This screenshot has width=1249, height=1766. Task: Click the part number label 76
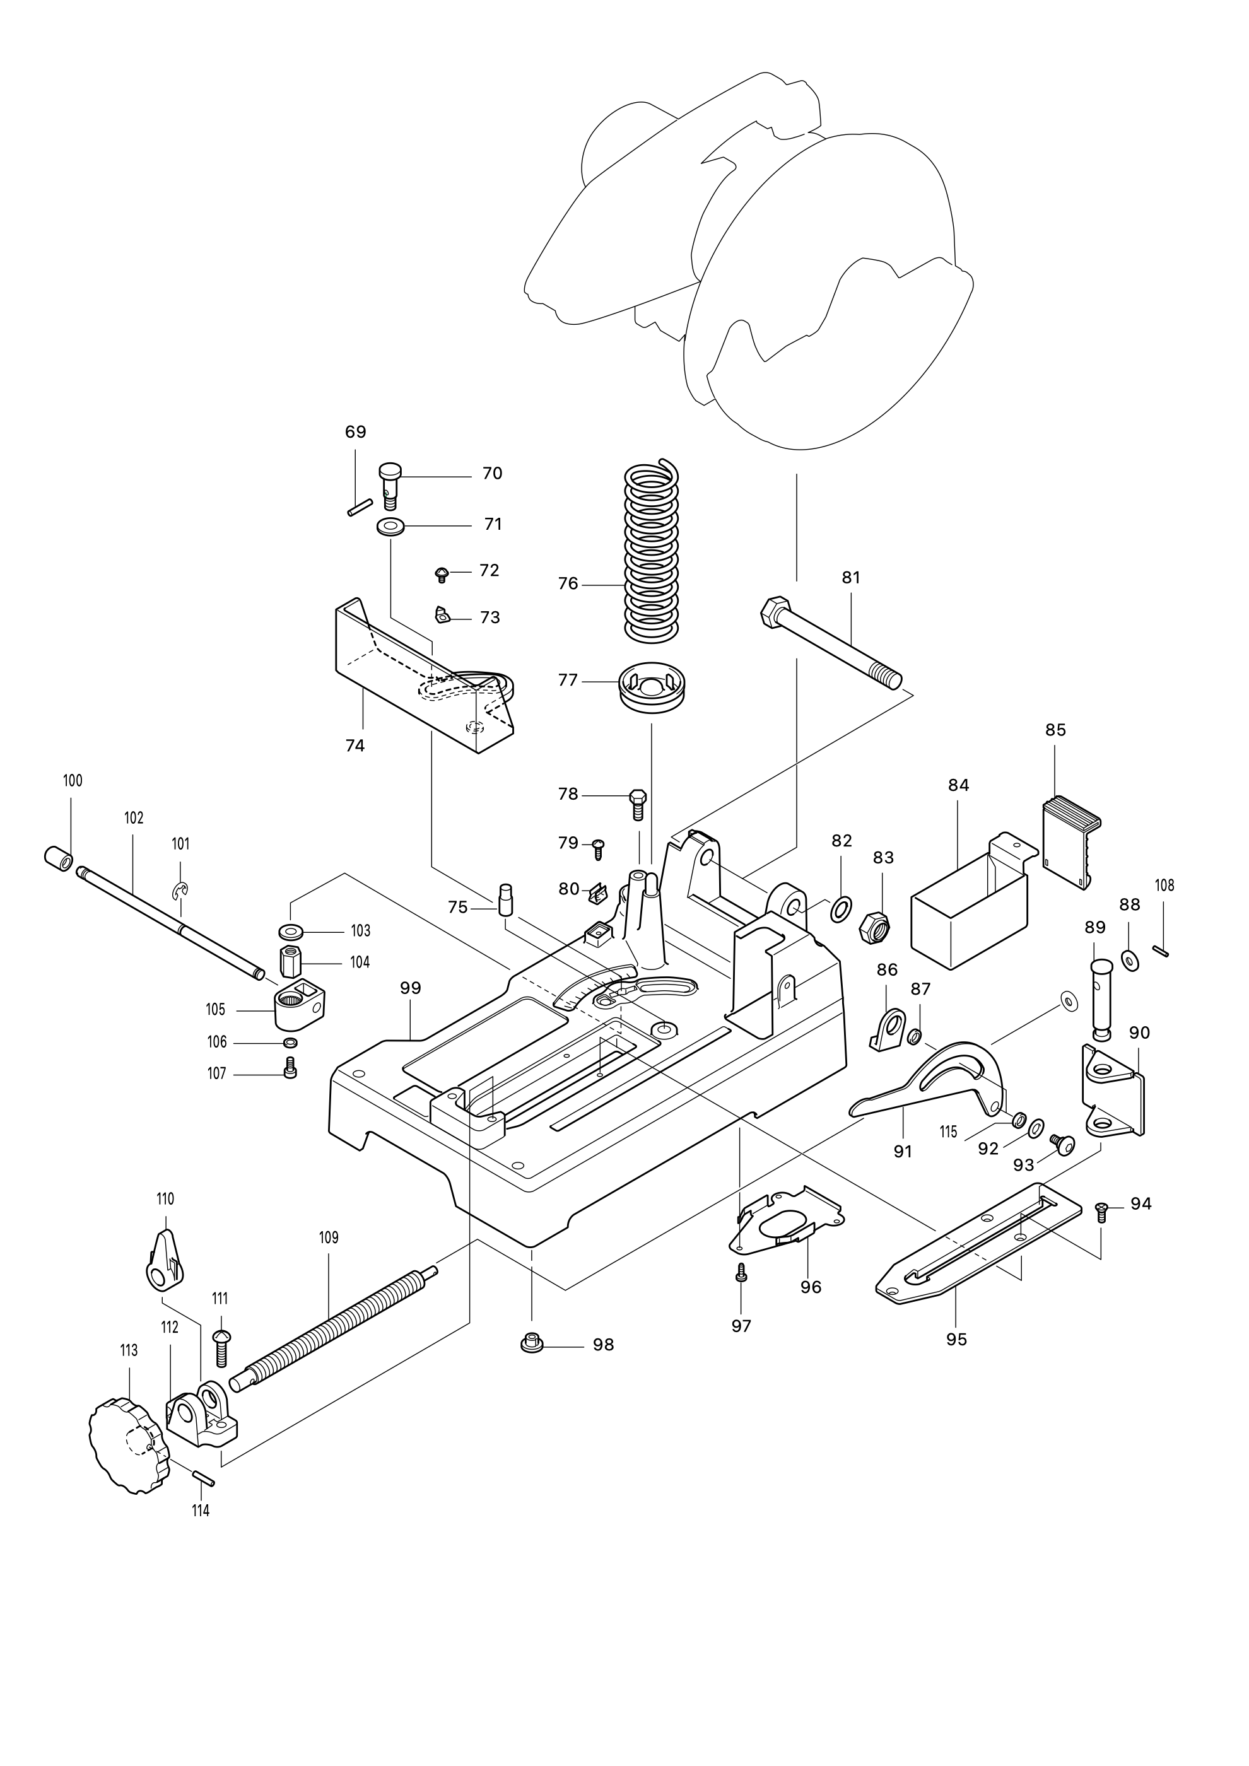click(x=568, y=584)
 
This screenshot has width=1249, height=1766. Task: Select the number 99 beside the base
click(x=411, y=988)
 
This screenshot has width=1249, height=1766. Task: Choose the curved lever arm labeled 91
click(x=930, y=1082)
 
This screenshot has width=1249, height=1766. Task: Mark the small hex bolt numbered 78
click(x=637, y=804)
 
